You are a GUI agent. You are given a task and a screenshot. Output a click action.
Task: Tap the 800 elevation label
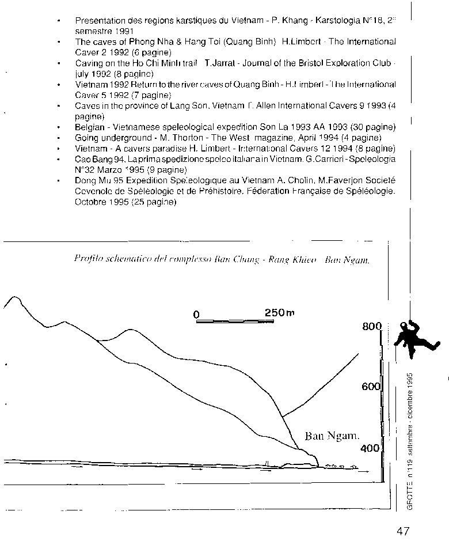(x=372, y=327)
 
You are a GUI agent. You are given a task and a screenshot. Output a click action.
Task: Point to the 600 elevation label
(x=371, y=387)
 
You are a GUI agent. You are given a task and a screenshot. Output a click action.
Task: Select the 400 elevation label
(x=371, y=448)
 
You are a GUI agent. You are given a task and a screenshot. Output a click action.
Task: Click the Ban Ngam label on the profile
(x=328, y=436)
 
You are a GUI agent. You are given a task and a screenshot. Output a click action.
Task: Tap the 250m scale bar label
(x=279, y=312)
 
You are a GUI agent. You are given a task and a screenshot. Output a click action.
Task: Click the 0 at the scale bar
(x=196, y=315)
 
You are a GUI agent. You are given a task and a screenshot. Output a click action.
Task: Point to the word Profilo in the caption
(x=87, y=259)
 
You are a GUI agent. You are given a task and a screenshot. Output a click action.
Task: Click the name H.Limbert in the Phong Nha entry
(x=299, y=41)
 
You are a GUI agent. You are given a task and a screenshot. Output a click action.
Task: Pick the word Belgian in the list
(x=90, y=127)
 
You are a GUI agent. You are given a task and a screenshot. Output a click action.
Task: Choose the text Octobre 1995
(x=101, y=202)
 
